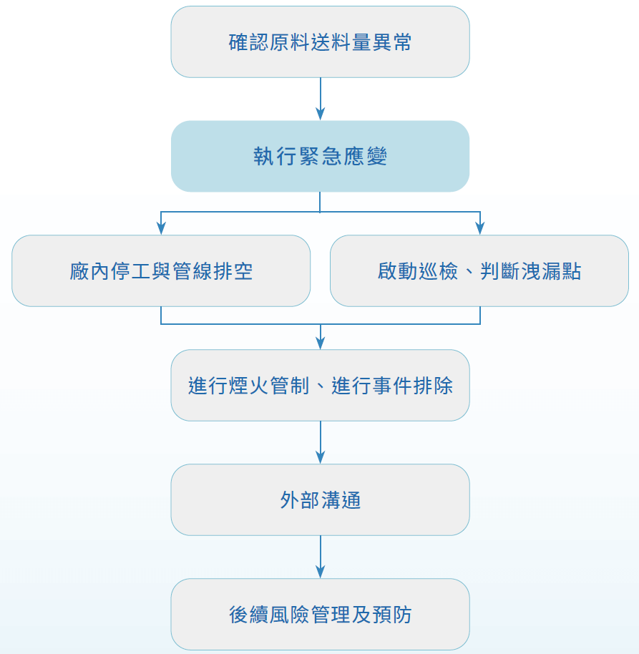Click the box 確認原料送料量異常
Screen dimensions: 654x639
[320, 42]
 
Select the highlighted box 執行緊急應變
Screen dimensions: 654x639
[320, 156]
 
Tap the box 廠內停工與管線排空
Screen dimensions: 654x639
[161, 271]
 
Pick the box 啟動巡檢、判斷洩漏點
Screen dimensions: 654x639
[479, 271]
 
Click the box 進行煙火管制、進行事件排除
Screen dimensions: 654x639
[320, 386]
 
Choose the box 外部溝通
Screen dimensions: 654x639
[320, 500]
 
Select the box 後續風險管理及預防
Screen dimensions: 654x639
[320, 615]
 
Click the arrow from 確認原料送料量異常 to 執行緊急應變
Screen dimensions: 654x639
[320, 98]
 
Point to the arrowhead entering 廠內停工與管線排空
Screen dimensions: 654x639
[161, 228]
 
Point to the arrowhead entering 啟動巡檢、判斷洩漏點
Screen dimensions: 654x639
[480, 228]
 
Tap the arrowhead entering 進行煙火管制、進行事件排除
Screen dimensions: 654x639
[320, 342]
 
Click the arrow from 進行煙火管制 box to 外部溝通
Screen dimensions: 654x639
[320, 441]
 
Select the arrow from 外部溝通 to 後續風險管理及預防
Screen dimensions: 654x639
[320, 556]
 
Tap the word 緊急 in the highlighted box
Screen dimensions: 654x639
[320, 157]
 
